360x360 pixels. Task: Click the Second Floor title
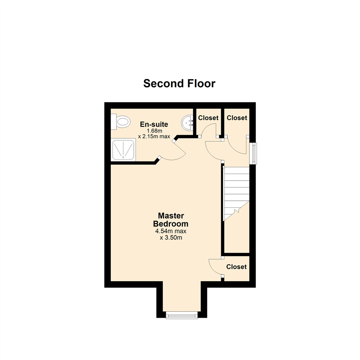179,83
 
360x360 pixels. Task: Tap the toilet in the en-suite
121,121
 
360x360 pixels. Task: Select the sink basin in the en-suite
187,122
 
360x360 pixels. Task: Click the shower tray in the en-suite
123,149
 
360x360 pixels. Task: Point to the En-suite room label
154,124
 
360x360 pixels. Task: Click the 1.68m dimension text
154,131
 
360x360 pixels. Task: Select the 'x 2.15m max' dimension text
154,136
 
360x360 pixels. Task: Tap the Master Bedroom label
171,220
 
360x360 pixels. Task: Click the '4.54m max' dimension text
171,231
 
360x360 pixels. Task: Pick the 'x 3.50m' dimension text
171,238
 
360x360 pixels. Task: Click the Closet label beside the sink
208,118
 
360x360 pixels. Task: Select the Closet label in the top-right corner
237,118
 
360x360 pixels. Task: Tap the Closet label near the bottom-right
236,267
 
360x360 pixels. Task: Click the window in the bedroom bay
182,315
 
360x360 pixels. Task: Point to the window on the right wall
253,153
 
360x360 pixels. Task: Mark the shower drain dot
123,157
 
